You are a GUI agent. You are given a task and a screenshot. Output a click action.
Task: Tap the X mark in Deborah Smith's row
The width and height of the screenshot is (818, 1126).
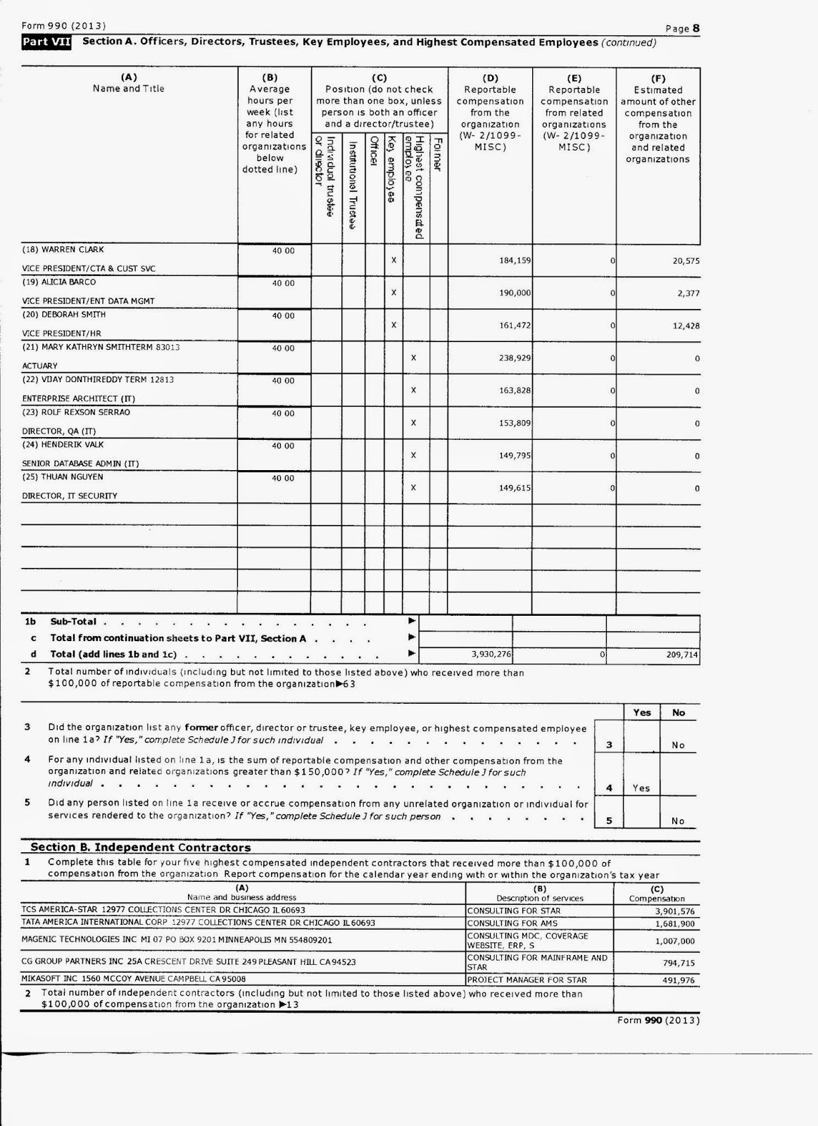click(394, 325)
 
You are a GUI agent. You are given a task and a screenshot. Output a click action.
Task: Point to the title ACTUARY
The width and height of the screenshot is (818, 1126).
click(40, 366)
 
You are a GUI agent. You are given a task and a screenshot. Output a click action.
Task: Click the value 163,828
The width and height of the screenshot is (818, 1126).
click(515, 391)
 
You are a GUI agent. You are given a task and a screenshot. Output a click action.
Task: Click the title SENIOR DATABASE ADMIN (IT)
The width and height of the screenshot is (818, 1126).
click(80, 464)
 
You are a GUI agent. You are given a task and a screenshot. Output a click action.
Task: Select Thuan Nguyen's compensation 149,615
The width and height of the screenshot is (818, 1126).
click(515, 488)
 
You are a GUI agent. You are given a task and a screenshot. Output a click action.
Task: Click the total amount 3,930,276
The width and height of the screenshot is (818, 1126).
click(491, 654)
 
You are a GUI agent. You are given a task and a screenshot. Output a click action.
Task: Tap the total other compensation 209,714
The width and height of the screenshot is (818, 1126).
click(681, 654)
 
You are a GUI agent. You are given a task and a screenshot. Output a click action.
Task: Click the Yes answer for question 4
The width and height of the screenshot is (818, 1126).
click(641, 788)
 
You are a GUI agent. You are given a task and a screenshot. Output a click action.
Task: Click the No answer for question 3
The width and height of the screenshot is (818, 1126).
click(678, 745)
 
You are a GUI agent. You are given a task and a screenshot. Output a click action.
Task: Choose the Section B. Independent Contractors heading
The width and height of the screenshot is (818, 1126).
click(141, 847)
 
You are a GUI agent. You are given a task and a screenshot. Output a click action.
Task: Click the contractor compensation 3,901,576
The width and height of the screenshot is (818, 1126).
click(674, 911)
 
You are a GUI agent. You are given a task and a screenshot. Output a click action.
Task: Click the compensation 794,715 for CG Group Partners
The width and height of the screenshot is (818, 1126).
click(678, 963)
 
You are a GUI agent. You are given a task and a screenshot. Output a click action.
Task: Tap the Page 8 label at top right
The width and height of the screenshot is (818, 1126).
click(682, 29)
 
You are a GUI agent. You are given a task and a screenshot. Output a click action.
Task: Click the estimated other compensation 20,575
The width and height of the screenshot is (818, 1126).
click(685, 261)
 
